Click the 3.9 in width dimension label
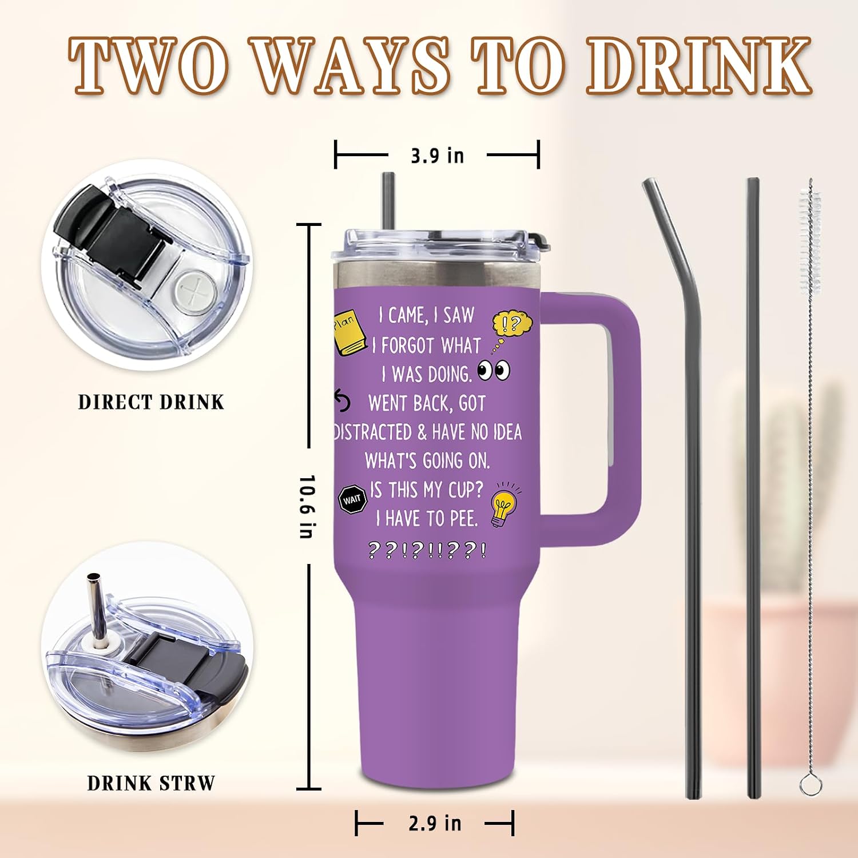pyautogui.click(x=438, y=156)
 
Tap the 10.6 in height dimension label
pyautogui.click(x=308, y=506)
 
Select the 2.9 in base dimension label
pyautogui.click(x=435, y=823)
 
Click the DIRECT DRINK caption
pyautogui.click(x=151, y=402)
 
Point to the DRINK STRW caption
pyautogui.click(x=151, y=783)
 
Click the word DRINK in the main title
pyautogui.click(x=699, y=66)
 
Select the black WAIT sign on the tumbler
pyautogui.click(x=352, y=500)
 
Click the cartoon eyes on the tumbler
pyautogui.click(x=494, y=371)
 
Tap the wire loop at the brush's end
pyautogui.click(x=810, y=784)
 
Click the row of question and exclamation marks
pyautogui.click(x=428, y=550)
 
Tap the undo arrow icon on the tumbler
pyautogui.click(x=342, y=401)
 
